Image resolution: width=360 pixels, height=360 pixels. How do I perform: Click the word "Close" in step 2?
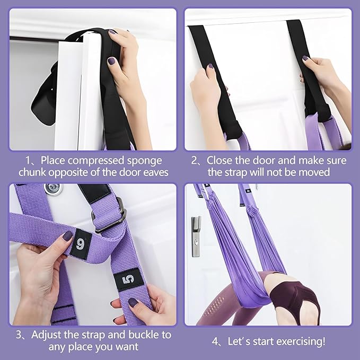coord(219,160)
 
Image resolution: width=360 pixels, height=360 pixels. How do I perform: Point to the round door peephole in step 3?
coord(52,188)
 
